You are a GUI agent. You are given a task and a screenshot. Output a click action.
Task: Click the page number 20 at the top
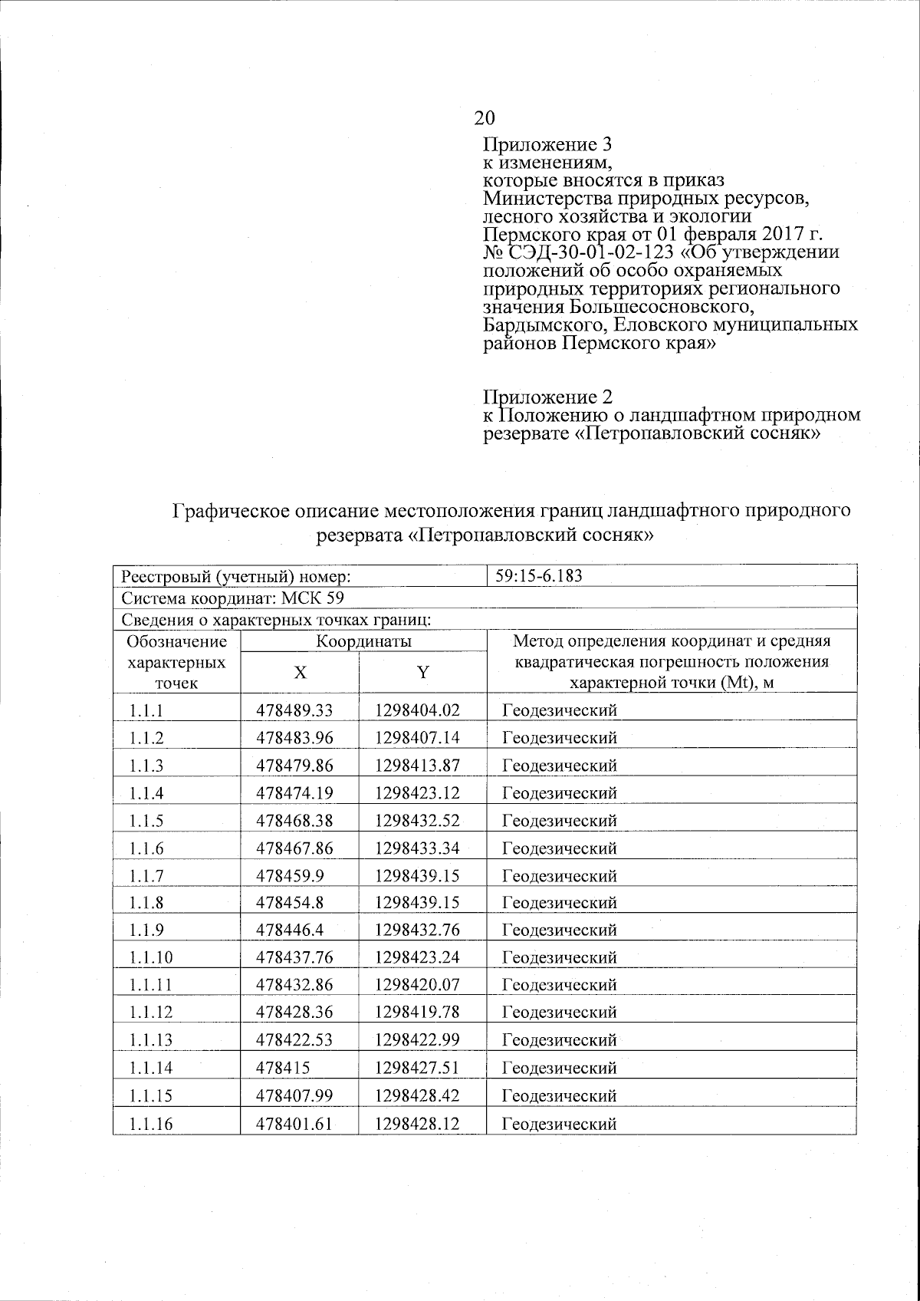coord(485,117)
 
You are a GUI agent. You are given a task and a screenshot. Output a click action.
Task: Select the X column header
coord(301,673)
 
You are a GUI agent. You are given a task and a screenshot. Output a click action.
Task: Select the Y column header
coord(422,673)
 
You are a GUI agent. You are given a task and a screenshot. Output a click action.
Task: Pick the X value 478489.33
coord(294,710)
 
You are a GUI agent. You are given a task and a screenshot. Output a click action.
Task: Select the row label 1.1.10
coord(151,957)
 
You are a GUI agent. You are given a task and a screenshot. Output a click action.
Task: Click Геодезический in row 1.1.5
coord(559,821)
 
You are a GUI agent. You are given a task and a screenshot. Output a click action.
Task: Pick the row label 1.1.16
coord(151,1124)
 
